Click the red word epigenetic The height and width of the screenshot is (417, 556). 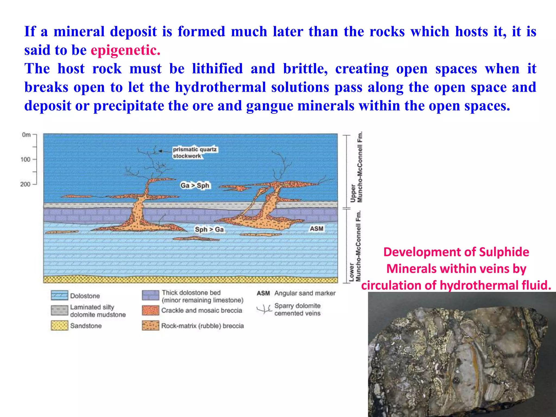tap(125, 50)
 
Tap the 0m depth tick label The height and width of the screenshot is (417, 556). tap(26, 135)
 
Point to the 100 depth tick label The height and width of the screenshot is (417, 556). tap(26, 159)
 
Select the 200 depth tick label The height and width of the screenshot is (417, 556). tap(25, 184)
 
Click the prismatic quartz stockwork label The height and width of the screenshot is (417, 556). tap(195, 153)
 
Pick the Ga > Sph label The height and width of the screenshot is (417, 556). tap(195, 185)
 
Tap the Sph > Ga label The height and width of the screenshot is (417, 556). tap(209, 230)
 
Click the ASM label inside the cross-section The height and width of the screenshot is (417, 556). tap(317, 229)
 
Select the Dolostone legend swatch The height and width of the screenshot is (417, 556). tap(59, 295)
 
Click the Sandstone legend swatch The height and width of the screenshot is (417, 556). tap(59, 326)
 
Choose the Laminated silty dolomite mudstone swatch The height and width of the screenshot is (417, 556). tap(59, 310)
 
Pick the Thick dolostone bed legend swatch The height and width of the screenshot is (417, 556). tap(150, 295)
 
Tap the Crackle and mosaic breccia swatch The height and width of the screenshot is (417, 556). tap(150, 310)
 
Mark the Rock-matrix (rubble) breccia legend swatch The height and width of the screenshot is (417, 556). tap(150, 326)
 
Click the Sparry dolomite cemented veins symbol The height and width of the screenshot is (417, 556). tap(264, 309)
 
